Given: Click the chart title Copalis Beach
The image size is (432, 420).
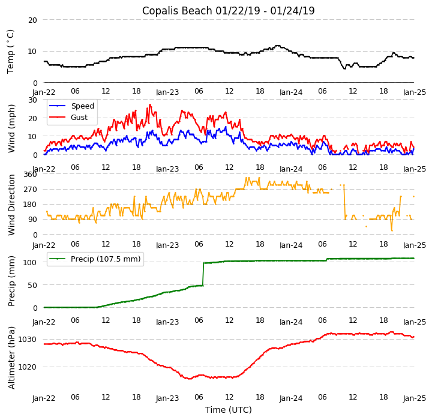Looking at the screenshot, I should (x=228, y=11).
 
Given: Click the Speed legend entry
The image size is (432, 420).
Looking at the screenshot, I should (x=82, y=106).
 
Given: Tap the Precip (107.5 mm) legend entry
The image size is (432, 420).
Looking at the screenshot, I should (x=105, y=259).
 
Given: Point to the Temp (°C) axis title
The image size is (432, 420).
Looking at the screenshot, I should (x=11, y=51).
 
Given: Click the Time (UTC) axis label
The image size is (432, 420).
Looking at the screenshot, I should (x=228, y=410).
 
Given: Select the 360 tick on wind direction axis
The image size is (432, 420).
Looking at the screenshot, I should (x=30, y=175).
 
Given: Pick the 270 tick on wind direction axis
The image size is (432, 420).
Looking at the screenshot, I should (x=30, y=190).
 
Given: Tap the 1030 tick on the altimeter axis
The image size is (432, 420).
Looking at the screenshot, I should (x=28, y=340).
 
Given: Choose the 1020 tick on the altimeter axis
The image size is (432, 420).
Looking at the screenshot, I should (x=28, y=367).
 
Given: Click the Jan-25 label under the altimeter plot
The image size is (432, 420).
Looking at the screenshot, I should (x=414, y=398).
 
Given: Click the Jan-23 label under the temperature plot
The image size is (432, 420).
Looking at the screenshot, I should (x=167, y=93).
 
